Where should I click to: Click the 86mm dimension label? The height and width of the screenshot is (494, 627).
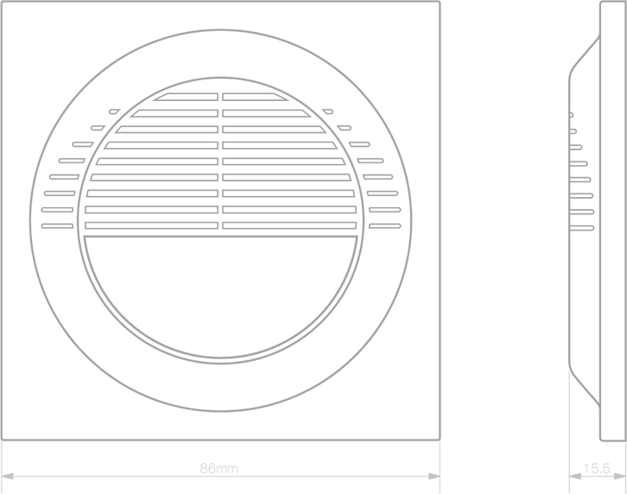pyautogui.click(x=218, y=468)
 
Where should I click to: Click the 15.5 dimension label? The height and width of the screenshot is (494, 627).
pyautogui.click(x=597, y=468)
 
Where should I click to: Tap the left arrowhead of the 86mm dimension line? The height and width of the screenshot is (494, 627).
pyautogui.click(x=8, y=477)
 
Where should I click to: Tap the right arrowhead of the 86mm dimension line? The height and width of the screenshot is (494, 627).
pyautogui.click(x=434, y=477)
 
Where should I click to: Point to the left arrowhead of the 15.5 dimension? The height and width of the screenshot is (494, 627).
pyautogui.click(x=575, y=477)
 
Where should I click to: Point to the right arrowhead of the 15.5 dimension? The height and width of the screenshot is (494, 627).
pyautogui.click(x=620, y=477)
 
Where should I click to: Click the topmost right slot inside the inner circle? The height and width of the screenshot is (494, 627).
pyautogui.click(x=254, y=97)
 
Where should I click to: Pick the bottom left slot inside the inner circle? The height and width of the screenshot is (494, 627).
pyautogui.click(x=151, y=225)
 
